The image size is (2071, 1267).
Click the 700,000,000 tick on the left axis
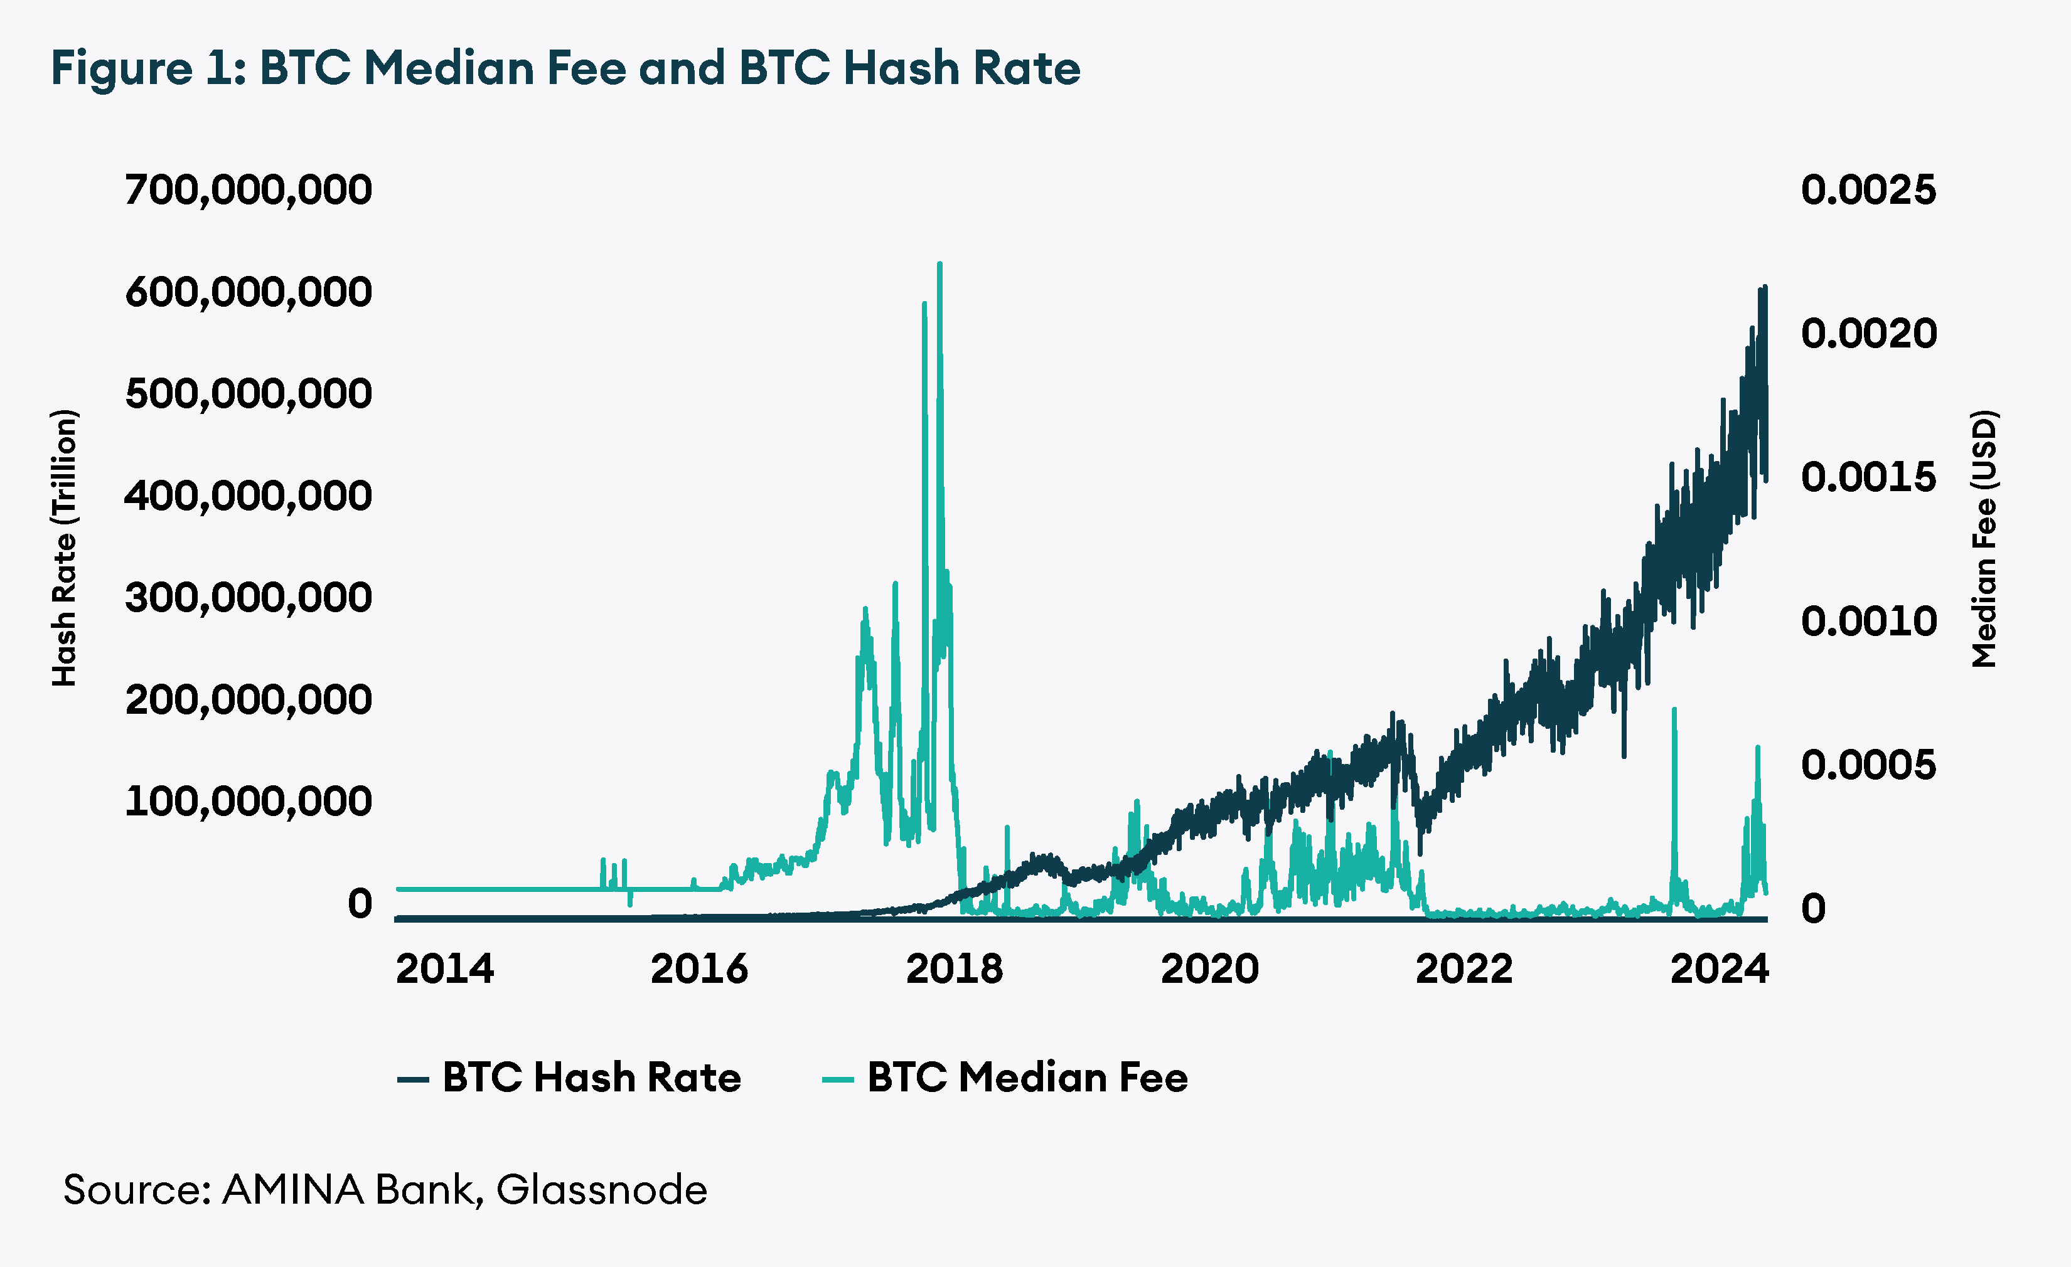248,190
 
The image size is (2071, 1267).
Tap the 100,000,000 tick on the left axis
248,802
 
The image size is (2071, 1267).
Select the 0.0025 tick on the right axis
1868,190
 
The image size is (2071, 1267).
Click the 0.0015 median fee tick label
1868,477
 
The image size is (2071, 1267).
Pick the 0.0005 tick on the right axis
1868,765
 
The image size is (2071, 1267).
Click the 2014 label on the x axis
444,968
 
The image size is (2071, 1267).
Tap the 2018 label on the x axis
954,968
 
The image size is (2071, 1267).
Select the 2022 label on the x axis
1464,968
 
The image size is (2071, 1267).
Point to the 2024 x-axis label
1720,968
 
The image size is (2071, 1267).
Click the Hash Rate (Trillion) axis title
65,548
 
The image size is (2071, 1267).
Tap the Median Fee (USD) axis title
1984,539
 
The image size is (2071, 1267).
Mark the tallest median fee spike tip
939,265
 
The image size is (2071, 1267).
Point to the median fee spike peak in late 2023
1674,710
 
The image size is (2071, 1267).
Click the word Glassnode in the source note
602,1190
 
